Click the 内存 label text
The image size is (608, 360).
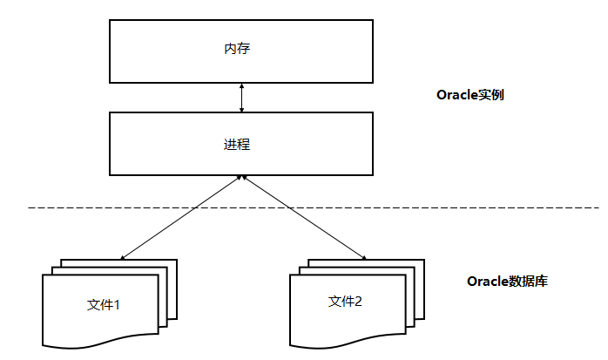point(237,49)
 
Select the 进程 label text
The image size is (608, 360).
point(237,145)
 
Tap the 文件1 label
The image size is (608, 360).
point(103,304)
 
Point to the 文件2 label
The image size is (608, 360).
point(345,302)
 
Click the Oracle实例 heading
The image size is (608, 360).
point(470,95)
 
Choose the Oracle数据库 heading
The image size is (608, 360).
point(507,282)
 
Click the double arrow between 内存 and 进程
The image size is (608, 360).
point(241,98)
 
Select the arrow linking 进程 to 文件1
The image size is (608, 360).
point(180,217)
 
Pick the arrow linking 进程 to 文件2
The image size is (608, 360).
point(304,217)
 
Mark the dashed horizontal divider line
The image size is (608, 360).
point(314,208)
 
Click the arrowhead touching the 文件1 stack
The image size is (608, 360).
point(123,258)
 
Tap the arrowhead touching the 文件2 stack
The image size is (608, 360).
point(364,258)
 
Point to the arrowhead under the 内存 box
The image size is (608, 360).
point(241,85)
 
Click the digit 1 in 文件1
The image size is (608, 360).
point(117,305)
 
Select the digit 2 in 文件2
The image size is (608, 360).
point(358,302)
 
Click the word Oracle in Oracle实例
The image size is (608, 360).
point(456,95)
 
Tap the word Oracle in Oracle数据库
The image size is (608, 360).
point(487,282)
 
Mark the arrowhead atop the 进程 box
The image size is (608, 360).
point(241,110)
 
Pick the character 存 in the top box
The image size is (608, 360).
point(244,49)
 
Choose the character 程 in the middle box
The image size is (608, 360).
point(244,145)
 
